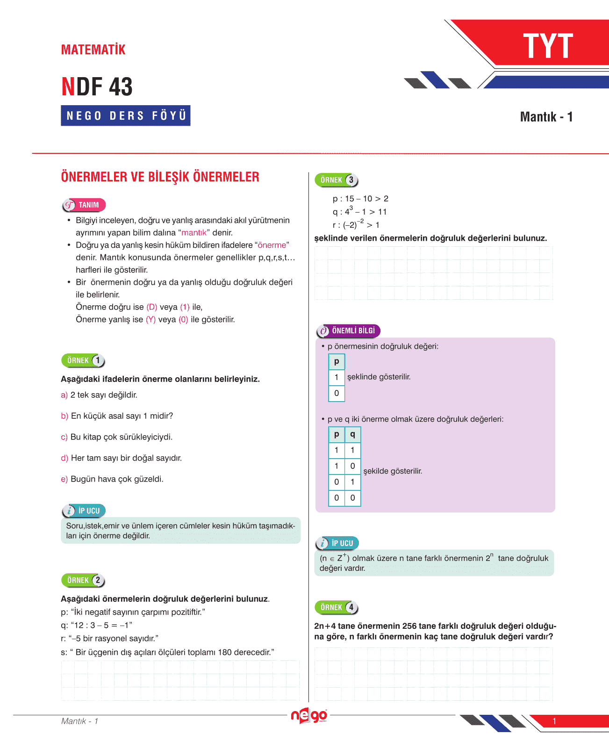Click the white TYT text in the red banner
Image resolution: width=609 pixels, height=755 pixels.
pos(548,46)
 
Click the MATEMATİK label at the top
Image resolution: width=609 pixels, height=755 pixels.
pos(93,50)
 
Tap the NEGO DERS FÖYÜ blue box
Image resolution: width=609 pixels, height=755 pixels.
pos(126,115)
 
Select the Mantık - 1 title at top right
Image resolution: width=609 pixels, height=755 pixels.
pos(546,117)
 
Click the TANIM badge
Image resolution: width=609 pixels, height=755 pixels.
pos(84,205)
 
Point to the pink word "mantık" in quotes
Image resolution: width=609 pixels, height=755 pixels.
pos(194,233)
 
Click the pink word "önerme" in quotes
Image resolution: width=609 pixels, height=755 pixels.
pos(272,245)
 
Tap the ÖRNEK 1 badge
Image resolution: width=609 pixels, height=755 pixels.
pos(83,360)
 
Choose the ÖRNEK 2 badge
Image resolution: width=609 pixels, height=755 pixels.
pos(83,580)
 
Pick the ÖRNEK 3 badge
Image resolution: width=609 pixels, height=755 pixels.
pos(337,180)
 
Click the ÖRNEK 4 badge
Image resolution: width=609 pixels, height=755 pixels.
pos(337,607)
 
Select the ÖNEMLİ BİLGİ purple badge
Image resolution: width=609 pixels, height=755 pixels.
pos(349,331)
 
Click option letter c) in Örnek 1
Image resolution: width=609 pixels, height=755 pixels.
pos(64,437)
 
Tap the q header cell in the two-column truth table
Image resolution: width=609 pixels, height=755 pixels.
pos(352,434)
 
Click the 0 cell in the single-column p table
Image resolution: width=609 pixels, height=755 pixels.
pos(337,393)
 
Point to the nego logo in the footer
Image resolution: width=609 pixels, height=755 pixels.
pos(308,715)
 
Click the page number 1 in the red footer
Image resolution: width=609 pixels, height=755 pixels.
pos(554,721)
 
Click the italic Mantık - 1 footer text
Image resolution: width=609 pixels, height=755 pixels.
pos(79,721)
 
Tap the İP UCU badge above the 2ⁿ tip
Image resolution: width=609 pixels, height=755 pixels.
pos(337,543)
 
